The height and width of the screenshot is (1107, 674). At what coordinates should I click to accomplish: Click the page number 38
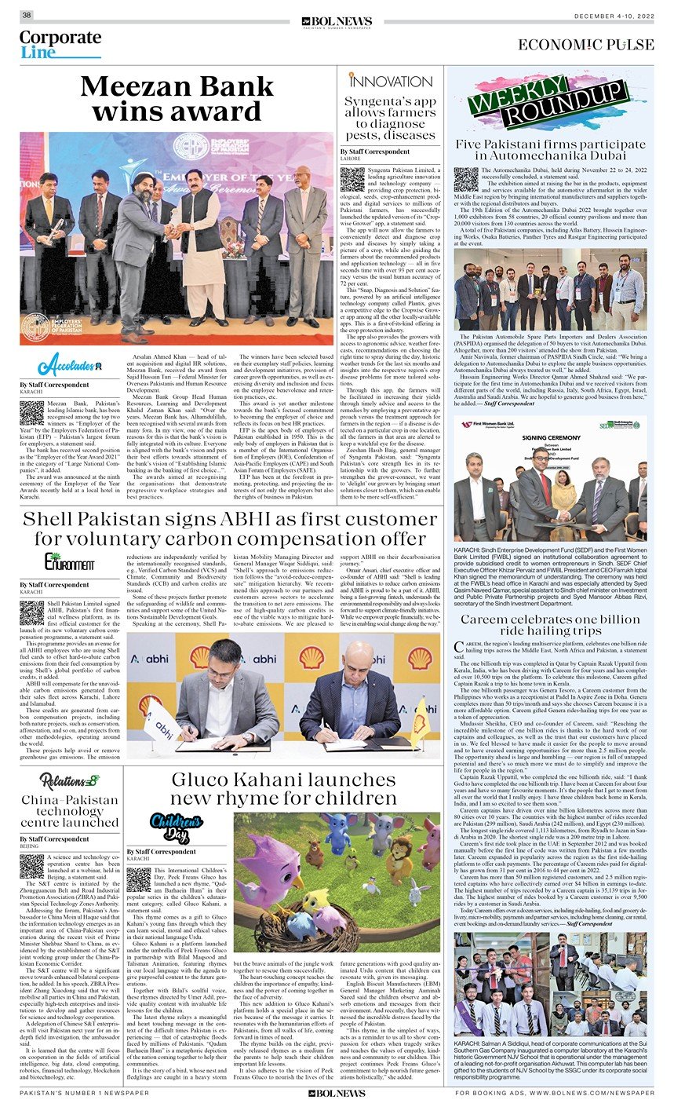coord(27,15)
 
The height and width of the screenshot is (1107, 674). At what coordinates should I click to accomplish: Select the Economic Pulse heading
coord(585,45)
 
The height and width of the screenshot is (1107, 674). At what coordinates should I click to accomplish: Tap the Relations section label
coord(69,780)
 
